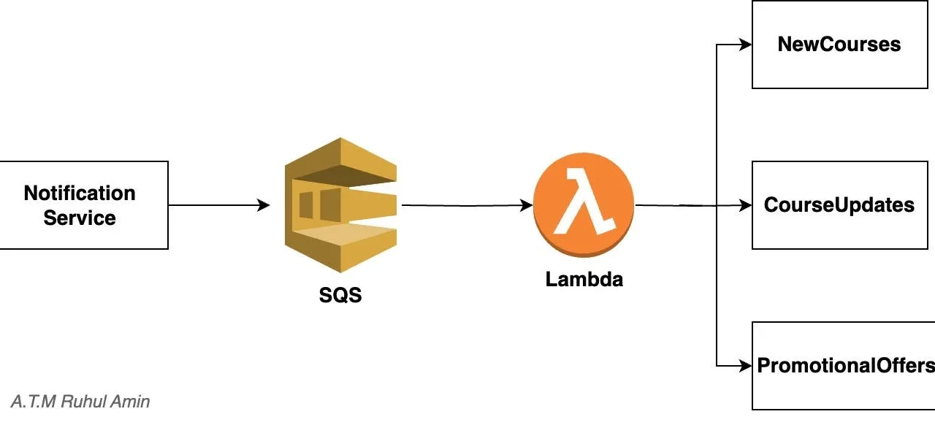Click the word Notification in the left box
(x=80, y=194)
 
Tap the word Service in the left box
(x=80, y=218)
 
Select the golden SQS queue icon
(x=340, y=205)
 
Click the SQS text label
(x=340, y=295)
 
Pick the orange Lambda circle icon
(x=584, y=204)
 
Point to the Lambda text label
(x=584, y=279)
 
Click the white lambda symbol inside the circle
(x=584, y=202)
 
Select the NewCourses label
(x=839, y=45)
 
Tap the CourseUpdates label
(x=839, y=205)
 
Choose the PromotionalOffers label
(x=846, y=366)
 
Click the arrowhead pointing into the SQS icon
(x=264, y=205)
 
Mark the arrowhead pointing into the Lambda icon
(x=526, y=205)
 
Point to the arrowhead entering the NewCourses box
(x=746, y=45)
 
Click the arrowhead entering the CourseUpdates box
(x=746, y=205)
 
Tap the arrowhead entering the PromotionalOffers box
(x=746, y=366)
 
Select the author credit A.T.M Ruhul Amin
(x=80, y=402)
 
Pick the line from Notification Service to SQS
(x=219, y=205)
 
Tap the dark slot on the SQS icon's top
(x=345, y=175)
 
